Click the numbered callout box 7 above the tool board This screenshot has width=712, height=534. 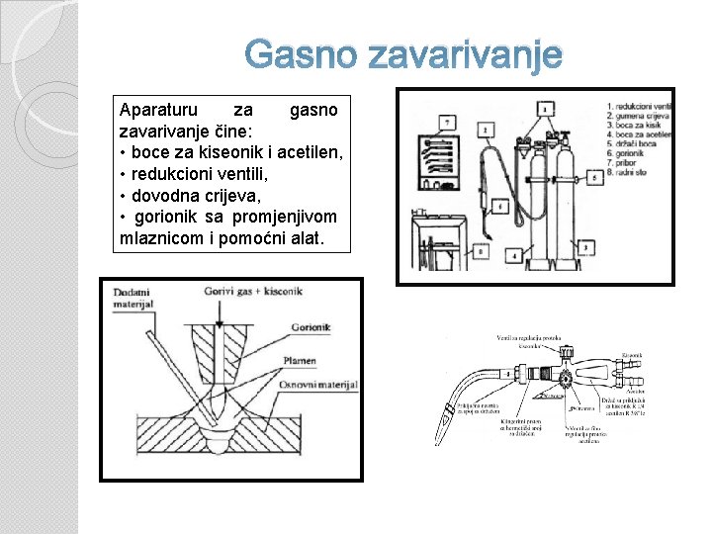point(448,122)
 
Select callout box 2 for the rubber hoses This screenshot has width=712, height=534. point(486,130)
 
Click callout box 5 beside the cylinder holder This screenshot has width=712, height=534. point(592,177)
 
